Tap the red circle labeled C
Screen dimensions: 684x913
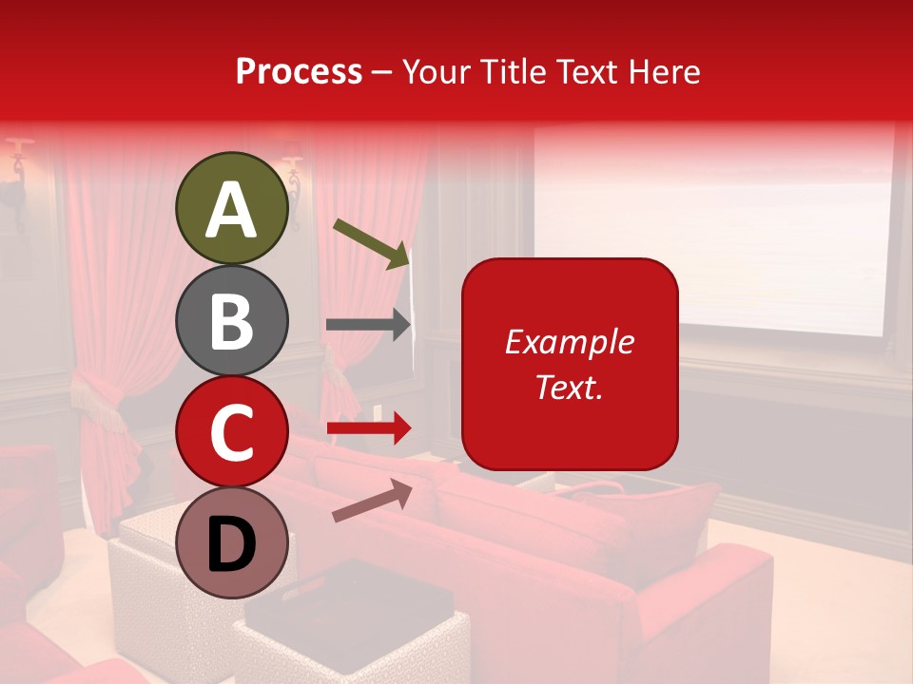pos(232,431)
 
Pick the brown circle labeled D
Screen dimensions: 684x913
pos(232,542)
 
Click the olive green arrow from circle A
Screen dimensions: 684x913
pos(371,242)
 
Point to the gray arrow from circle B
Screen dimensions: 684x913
pos(367,325)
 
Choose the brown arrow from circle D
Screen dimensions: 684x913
pos(372,501)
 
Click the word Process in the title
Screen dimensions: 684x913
pos(299,72)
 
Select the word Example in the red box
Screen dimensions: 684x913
pos(569,342)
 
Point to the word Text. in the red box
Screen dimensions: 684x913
pos(569,387)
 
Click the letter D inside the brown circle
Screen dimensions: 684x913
pos(232,544)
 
